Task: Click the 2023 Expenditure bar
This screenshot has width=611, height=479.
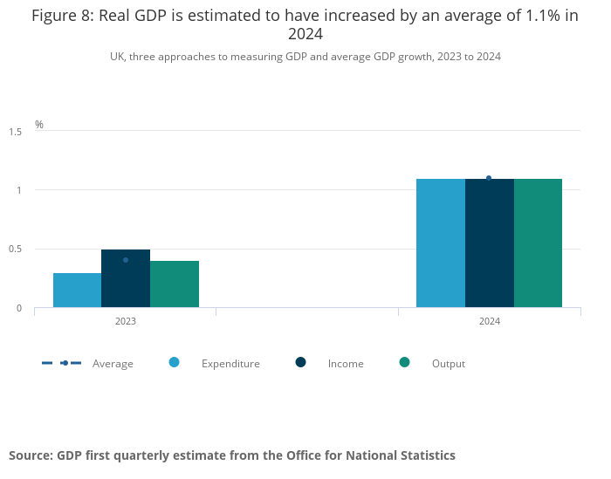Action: click(77, 291)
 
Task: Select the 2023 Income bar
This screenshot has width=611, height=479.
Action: click(126, 279)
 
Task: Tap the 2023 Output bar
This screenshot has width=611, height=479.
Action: click(175, 284)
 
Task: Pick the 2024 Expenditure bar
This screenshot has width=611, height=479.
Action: click(441, 243)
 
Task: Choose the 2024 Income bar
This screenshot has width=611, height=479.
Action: click(490, 243)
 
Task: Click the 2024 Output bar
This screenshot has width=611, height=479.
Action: click(538, 243)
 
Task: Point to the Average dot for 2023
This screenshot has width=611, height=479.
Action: click(126, 260)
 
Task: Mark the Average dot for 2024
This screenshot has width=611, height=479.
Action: click(489, 178)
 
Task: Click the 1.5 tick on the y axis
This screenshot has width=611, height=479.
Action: click(16, 132)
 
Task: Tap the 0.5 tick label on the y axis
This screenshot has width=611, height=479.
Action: click(16, 250)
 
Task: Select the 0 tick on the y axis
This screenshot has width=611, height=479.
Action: click(18, 308)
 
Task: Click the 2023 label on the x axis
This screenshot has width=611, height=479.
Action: click(126, 322)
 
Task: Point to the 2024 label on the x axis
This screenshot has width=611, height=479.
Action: click(489, 322)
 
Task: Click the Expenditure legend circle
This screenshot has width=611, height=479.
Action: click(174, 362)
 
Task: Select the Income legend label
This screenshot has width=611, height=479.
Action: click(346, 364)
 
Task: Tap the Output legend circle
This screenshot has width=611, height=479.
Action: click(404, 362)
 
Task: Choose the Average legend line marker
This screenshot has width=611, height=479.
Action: click(64, 363)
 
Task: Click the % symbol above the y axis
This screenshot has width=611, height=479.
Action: click(39, 125)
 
